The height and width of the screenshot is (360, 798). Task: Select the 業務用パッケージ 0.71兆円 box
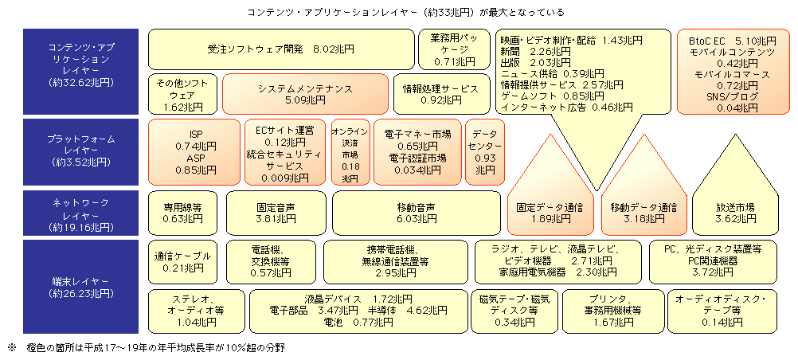pyautogui.click(x=455, y=49)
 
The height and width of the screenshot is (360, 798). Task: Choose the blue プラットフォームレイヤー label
pyautogui.click(x=83, y=151)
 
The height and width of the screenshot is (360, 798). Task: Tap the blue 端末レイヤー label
pyautogui.click(x=83, y=286)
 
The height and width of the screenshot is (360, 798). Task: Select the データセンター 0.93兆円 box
pyautogui.click(x=485, y=152)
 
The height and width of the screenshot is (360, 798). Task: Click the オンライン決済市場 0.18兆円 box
pyautogui.click(x=350, y=152)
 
